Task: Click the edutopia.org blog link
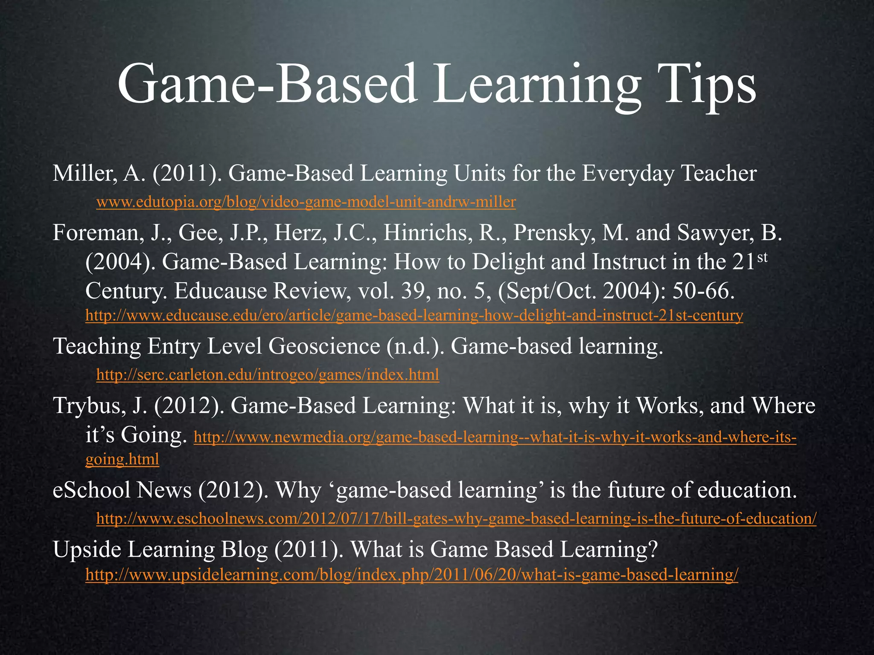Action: click(x=306, y=202)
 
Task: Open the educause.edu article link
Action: click(x=414, y=316)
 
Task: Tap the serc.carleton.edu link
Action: click(x=268, y=375)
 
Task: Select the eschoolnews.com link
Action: click(x=456, y=519)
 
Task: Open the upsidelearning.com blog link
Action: click(x=411, y=575)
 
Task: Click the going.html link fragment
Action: click(x=122, y=459)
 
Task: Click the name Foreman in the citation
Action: click(x=97, y=233)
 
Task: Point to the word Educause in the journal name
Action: click(x=220, y=291)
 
